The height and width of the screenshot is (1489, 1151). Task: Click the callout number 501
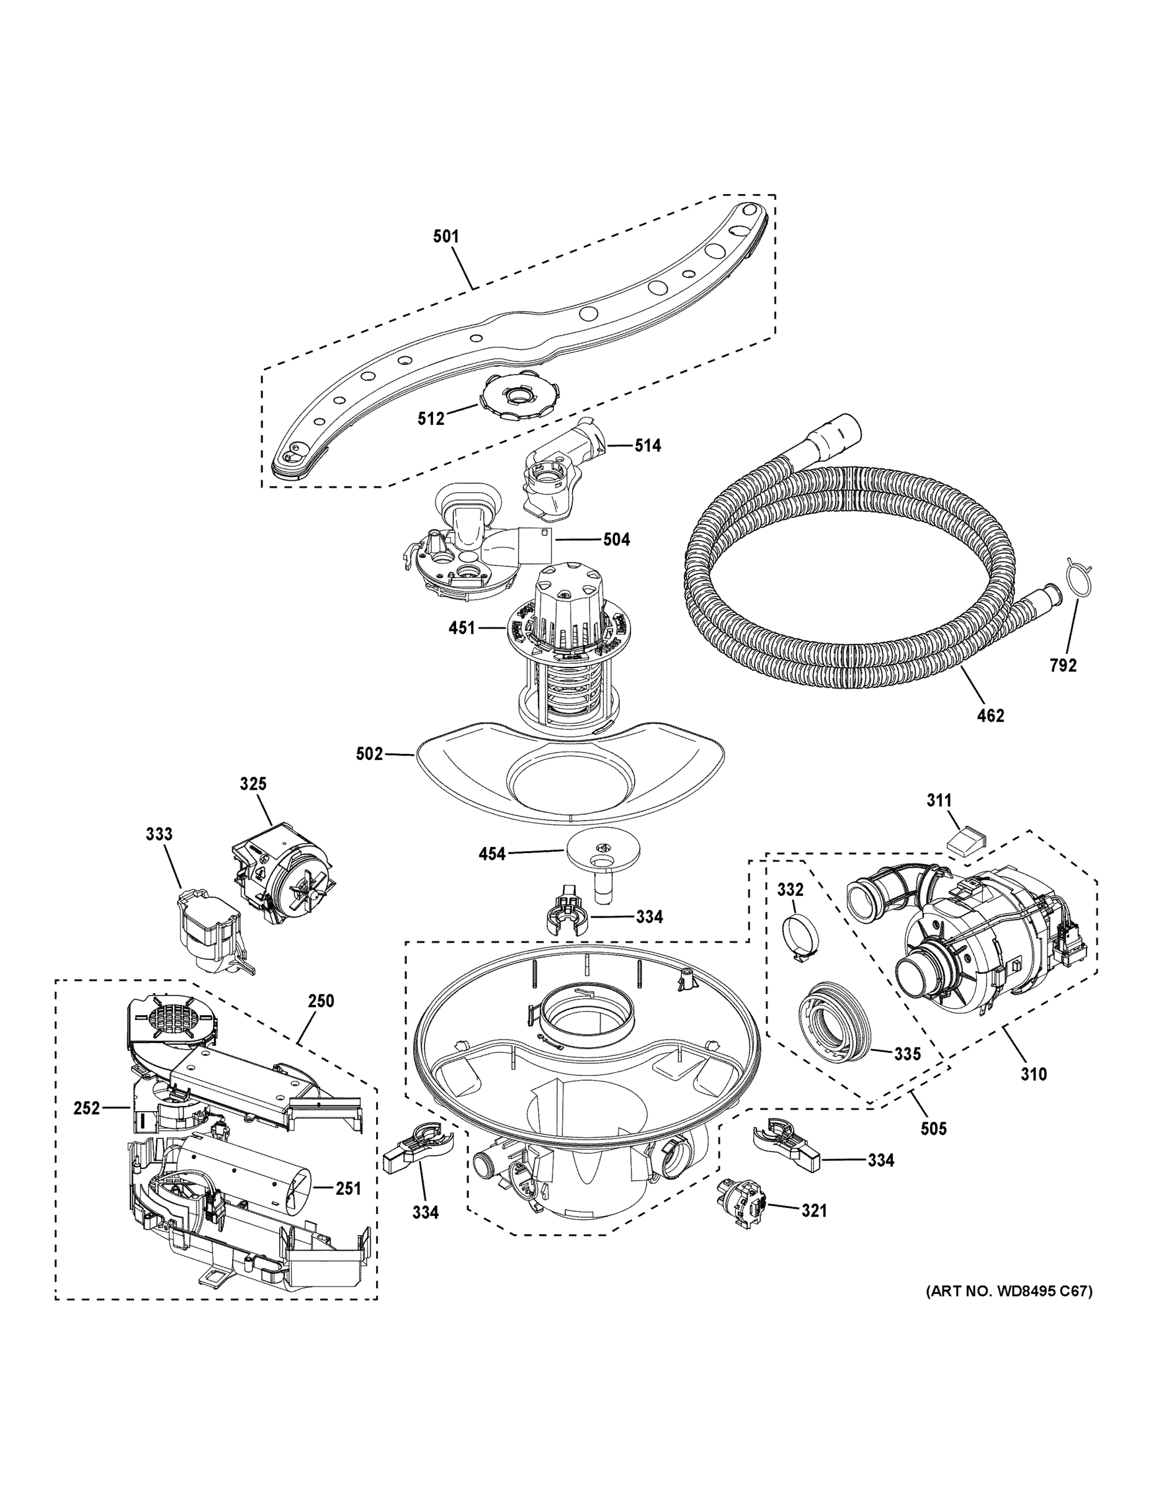[x=446, y=236]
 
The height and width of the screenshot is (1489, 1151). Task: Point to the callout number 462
[x=991, y=715]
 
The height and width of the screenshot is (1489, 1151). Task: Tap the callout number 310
[x=1033, y=1074]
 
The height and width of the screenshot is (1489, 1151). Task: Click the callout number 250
[x=320, y=1001]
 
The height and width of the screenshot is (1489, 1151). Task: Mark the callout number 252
[x=87, y=1108]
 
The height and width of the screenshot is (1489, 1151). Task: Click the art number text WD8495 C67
[x=1009, y=1290]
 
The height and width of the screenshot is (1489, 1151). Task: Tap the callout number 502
[x=369, y=754]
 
